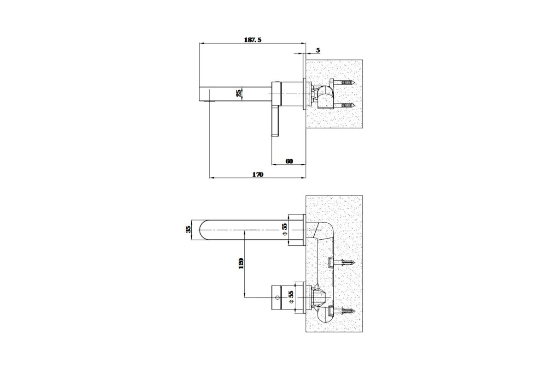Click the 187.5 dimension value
tap(253, 40)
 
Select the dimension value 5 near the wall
tap(318, 50)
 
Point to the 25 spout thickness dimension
tap(239, 93)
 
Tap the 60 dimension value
tap(289, 161)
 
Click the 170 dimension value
tap(258, 174)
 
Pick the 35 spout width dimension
tap(188, 229)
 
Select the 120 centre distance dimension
tap(241, 263)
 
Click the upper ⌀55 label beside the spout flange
tap(285, 229)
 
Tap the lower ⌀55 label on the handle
tap(291, 297)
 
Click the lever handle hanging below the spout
tap(276, 121)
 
